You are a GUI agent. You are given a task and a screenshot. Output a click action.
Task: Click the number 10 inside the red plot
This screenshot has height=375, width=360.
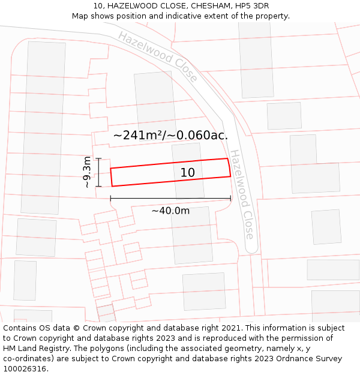[x=187, y=173]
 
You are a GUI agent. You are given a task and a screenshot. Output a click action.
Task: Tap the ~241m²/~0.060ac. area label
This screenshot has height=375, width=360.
[x=170, y=136]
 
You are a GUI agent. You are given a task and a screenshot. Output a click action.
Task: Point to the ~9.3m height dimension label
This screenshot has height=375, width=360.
[x=88, y=172]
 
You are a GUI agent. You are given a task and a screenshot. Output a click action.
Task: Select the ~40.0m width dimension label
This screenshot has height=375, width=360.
[x=170, y=211]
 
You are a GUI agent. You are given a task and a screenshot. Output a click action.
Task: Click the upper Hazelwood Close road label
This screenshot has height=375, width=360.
[x=158, y=56]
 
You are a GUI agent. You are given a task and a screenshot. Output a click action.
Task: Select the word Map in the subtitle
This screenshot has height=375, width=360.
[x=81, y=16]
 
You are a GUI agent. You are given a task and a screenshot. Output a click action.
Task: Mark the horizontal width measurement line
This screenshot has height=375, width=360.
[x=170, y=198]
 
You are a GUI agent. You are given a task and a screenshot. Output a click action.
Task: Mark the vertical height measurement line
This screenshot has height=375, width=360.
[x=99, y=172]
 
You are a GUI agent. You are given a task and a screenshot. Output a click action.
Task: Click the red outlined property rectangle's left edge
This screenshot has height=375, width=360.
[x=111, y=178]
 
